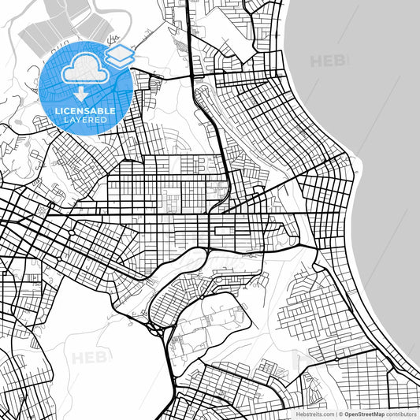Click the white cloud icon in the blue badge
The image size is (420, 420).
86,71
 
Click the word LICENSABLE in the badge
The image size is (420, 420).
85,110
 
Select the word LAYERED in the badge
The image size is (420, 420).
85,119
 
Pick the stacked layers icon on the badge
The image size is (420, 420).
119,55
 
